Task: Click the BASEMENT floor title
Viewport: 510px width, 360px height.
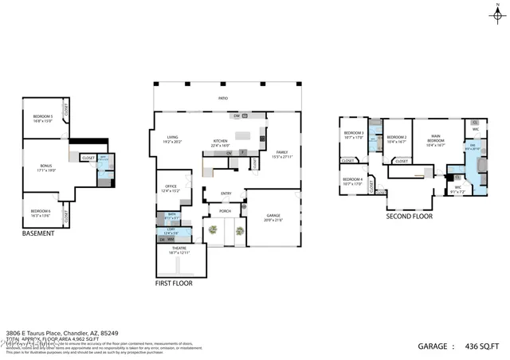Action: [38, 233]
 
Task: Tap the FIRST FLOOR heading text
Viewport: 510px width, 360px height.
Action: [174, 283]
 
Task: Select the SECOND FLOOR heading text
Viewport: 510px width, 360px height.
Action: [410, 216]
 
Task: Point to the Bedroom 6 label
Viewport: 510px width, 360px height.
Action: [41, 213]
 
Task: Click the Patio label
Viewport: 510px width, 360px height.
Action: [223, 98]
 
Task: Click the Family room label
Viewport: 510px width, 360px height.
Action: [281, 154]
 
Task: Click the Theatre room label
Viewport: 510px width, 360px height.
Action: [179, 249]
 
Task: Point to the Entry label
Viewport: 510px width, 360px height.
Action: [226, 194]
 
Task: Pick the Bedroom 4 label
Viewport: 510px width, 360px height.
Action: [352, 181]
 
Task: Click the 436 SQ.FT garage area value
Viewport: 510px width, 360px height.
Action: [484, 346]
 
